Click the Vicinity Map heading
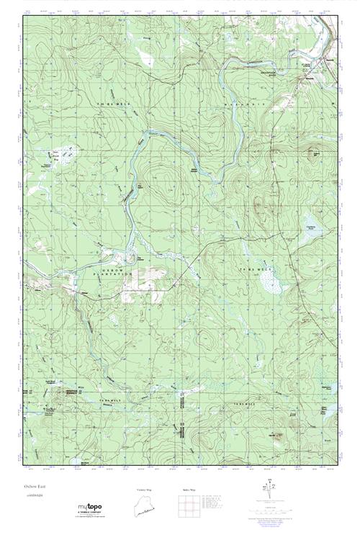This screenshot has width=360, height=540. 144,490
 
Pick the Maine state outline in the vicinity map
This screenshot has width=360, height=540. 144,506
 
